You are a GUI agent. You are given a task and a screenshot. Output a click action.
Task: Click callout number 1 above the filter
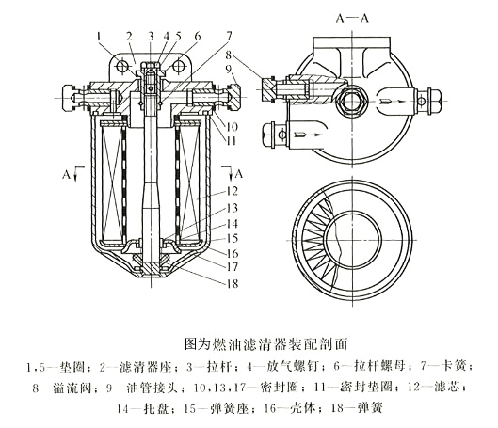[x=98, y=35]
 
